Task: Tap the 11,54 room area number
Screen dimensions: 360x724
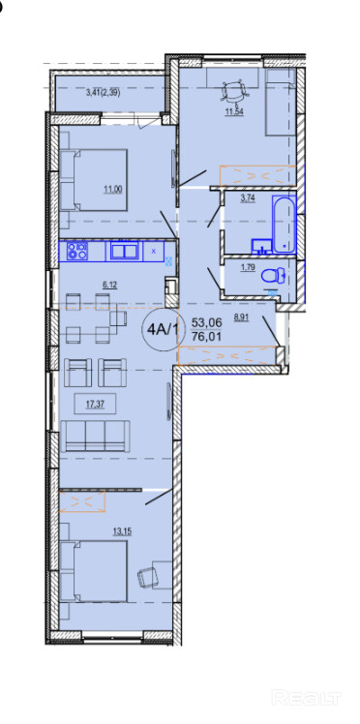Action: coord(234,111)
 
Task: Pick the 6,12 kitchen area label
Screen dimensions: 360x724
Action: coord(110,285)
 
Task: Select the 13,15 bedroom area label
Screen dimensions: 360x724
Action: coord(122,530)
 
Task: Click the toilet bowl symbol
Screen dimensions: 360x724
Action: coord(273,277)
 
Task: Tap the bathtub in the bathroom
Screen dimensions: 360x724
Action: coord(284,224)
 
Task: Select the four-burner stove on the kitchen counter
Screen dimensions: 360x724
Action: coord(76,252)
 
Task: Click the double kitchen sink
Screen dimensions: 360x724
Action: coord(123,252)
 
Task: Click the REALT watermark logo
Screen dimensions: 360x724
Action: coord(306,697)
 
